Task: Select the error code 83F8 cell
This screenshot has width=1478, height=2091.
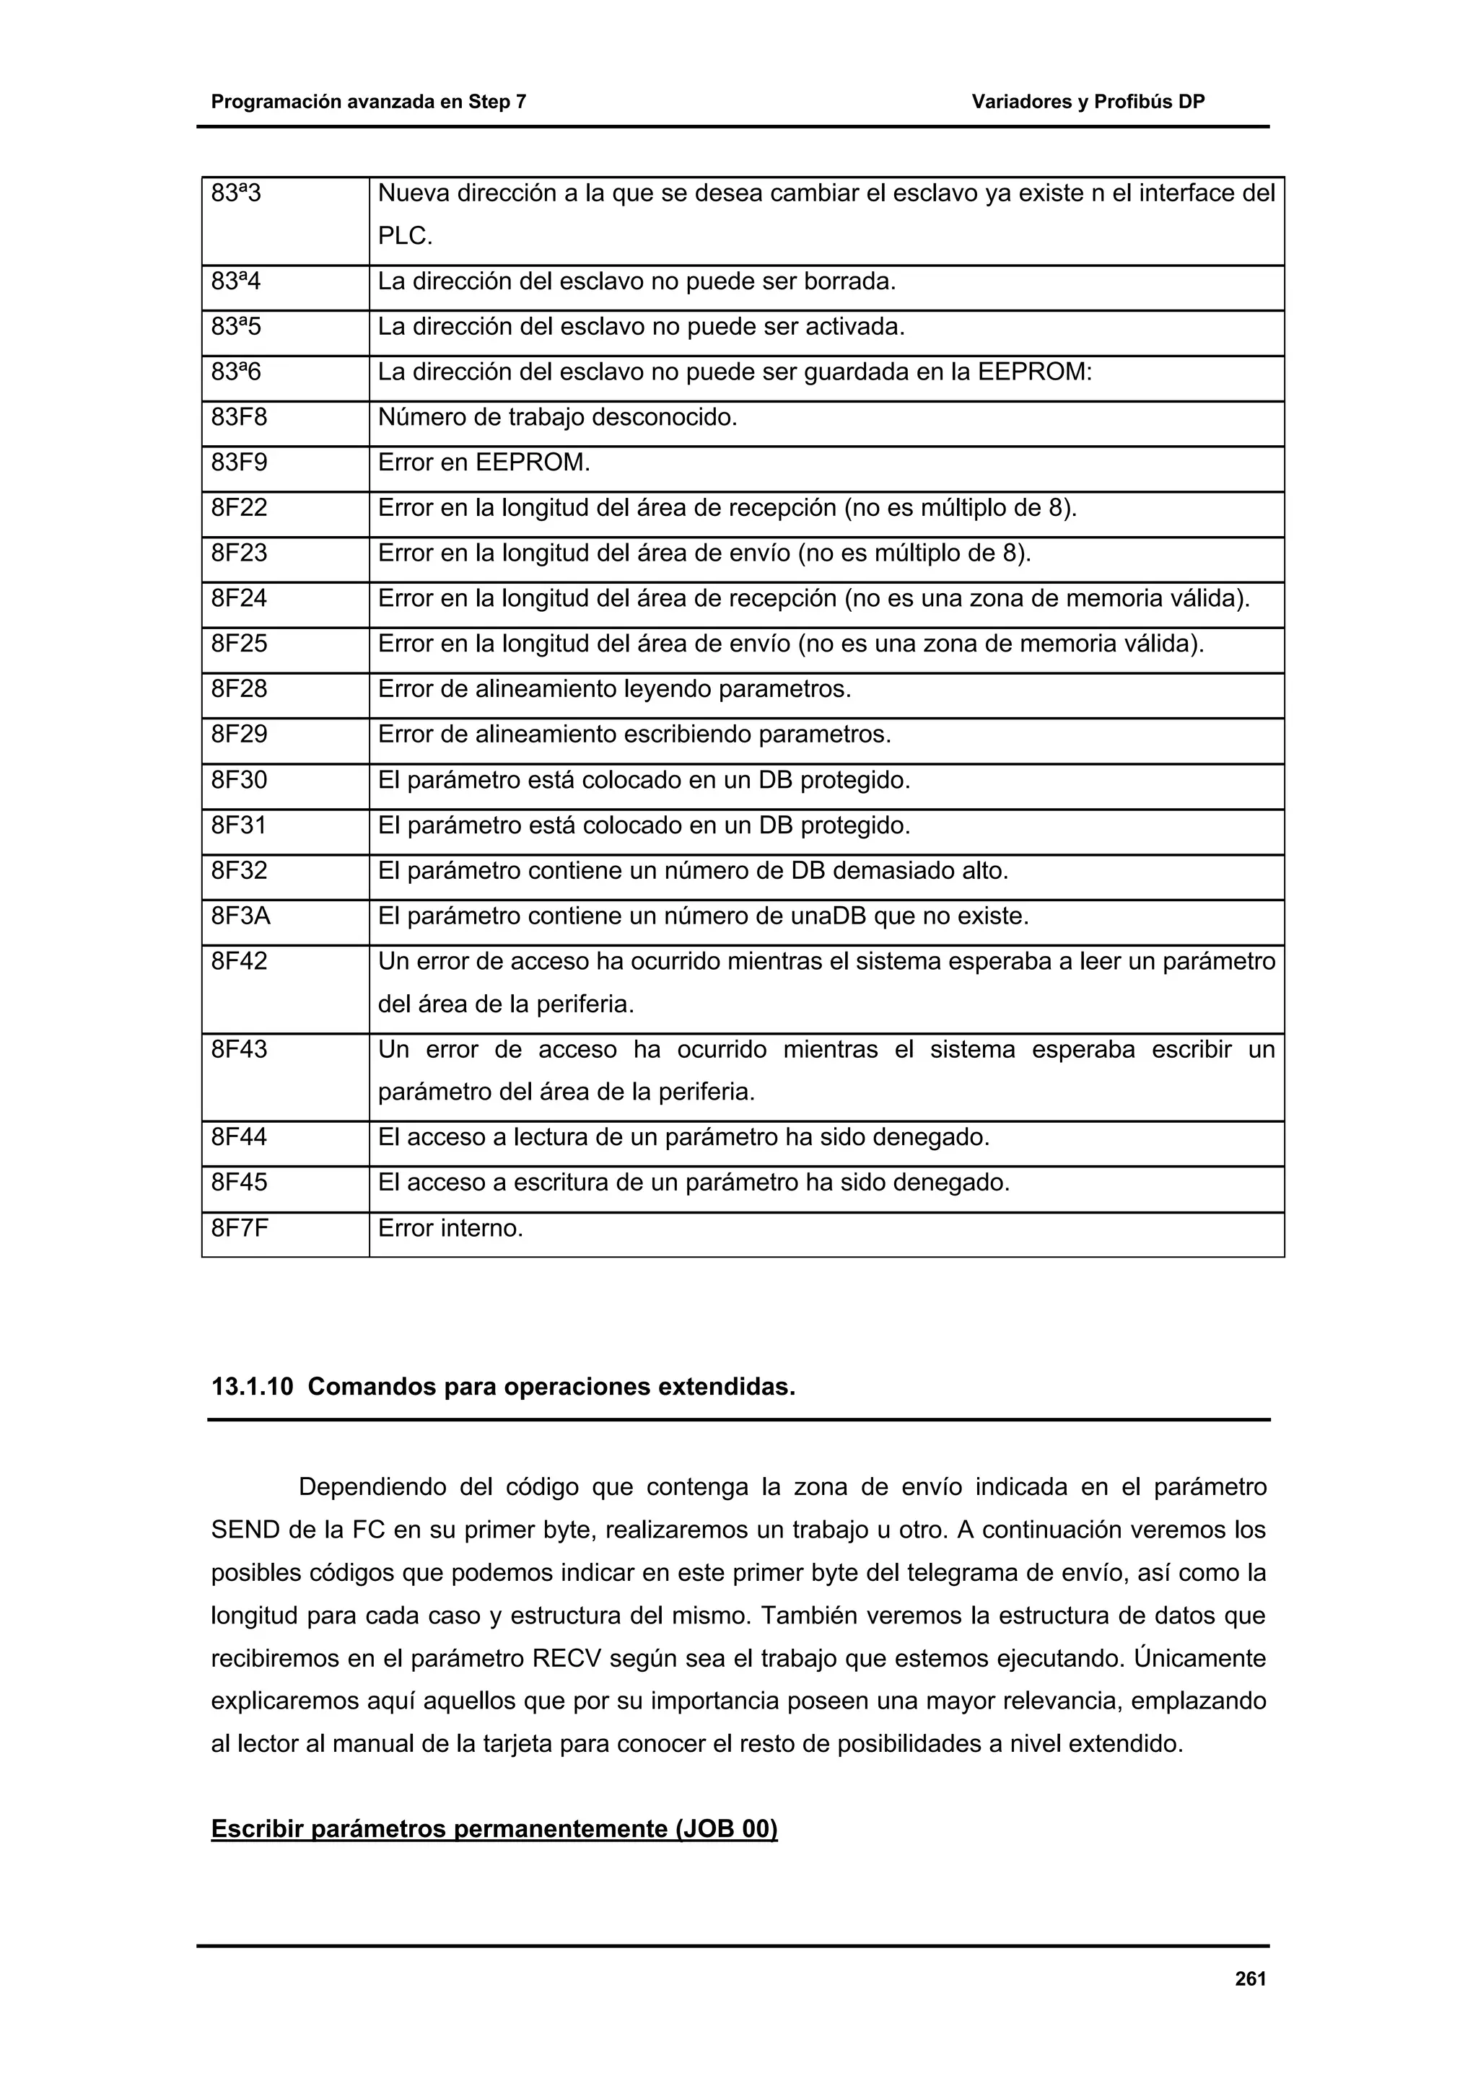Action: [240, 418]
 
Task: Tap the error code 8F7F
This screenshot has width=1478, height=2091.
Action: [240, 1229]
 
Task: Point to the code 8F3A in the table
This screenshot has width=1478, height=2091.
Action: [241, 916]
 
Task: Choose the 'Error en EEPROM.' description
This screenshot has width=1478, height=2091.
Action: [484, 463]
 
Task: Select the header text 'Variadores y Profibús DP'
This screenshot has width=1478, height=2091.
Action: [1088, 102]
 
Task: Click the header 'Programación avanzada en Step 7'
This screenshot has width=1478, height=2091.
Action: [369, 102]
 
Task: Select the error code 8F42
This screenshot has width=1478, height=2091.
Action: [240, 962]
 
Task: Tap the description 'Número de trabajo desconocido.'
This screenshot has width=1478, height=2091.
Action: [557, 418]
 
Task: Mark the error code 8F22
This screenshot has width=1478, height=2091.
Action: [240, 508]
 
